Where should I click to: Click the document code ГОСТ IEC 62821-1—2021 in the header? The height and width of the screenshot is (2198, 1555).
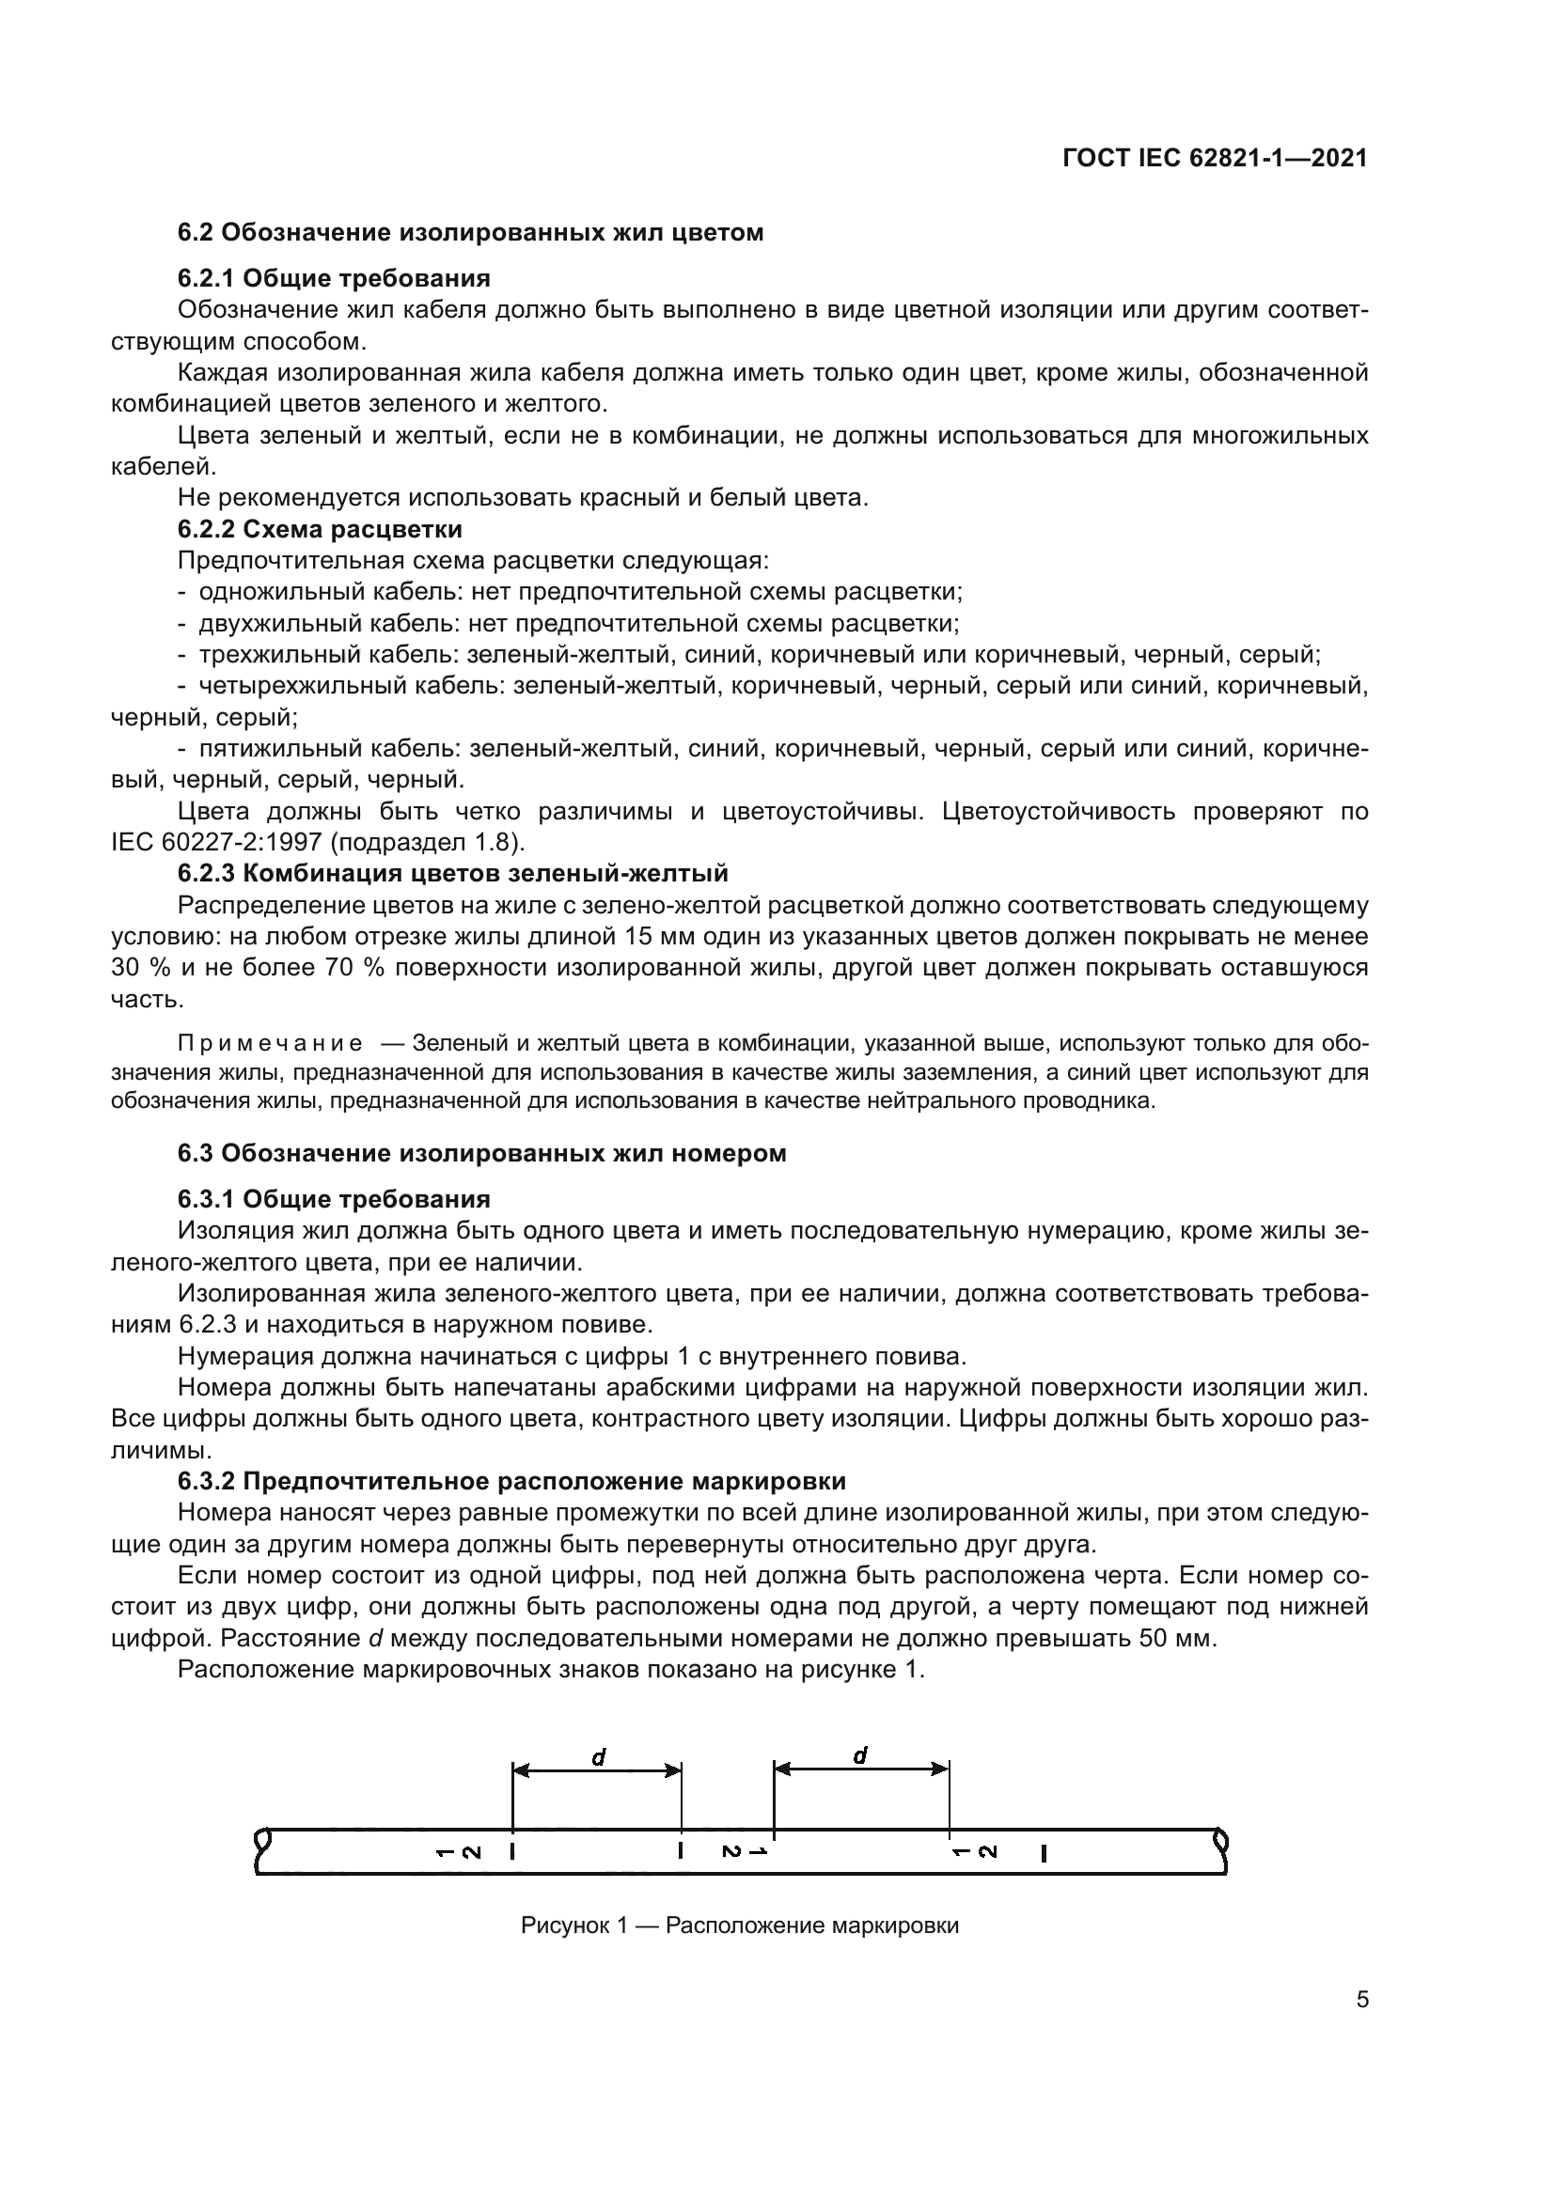[x=1215, y=159]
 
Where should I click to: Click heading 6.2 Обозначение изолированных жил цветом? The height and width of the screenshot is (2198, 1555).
[x=470, y=233]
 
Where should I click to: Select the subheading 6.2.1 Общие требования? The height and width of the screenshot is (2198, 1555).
[x=333, y=278]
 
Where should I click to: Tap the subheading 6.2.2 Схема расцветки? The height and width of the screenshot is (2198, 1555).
[x=320, y=529]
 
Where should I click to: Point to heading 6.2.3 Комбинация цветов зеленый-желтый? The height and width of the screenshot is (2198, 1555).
[x=452, y=873]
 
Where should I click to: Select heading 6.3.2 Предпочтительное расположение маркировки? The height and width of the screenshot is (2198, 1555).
[x=511, y=1481]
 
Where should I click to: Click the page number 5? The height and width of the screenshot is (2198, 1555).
[x=1361, y=2000]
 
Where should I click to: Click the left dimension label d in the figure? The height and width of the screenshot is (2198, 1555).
[x=599, y=1757]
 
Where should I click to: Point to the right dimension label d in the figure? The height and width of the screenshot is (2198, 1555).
[x=860, y=1755]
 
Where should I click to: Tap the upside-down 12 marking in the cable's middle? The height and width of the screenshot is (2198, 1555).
[x=744, y=1851]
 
